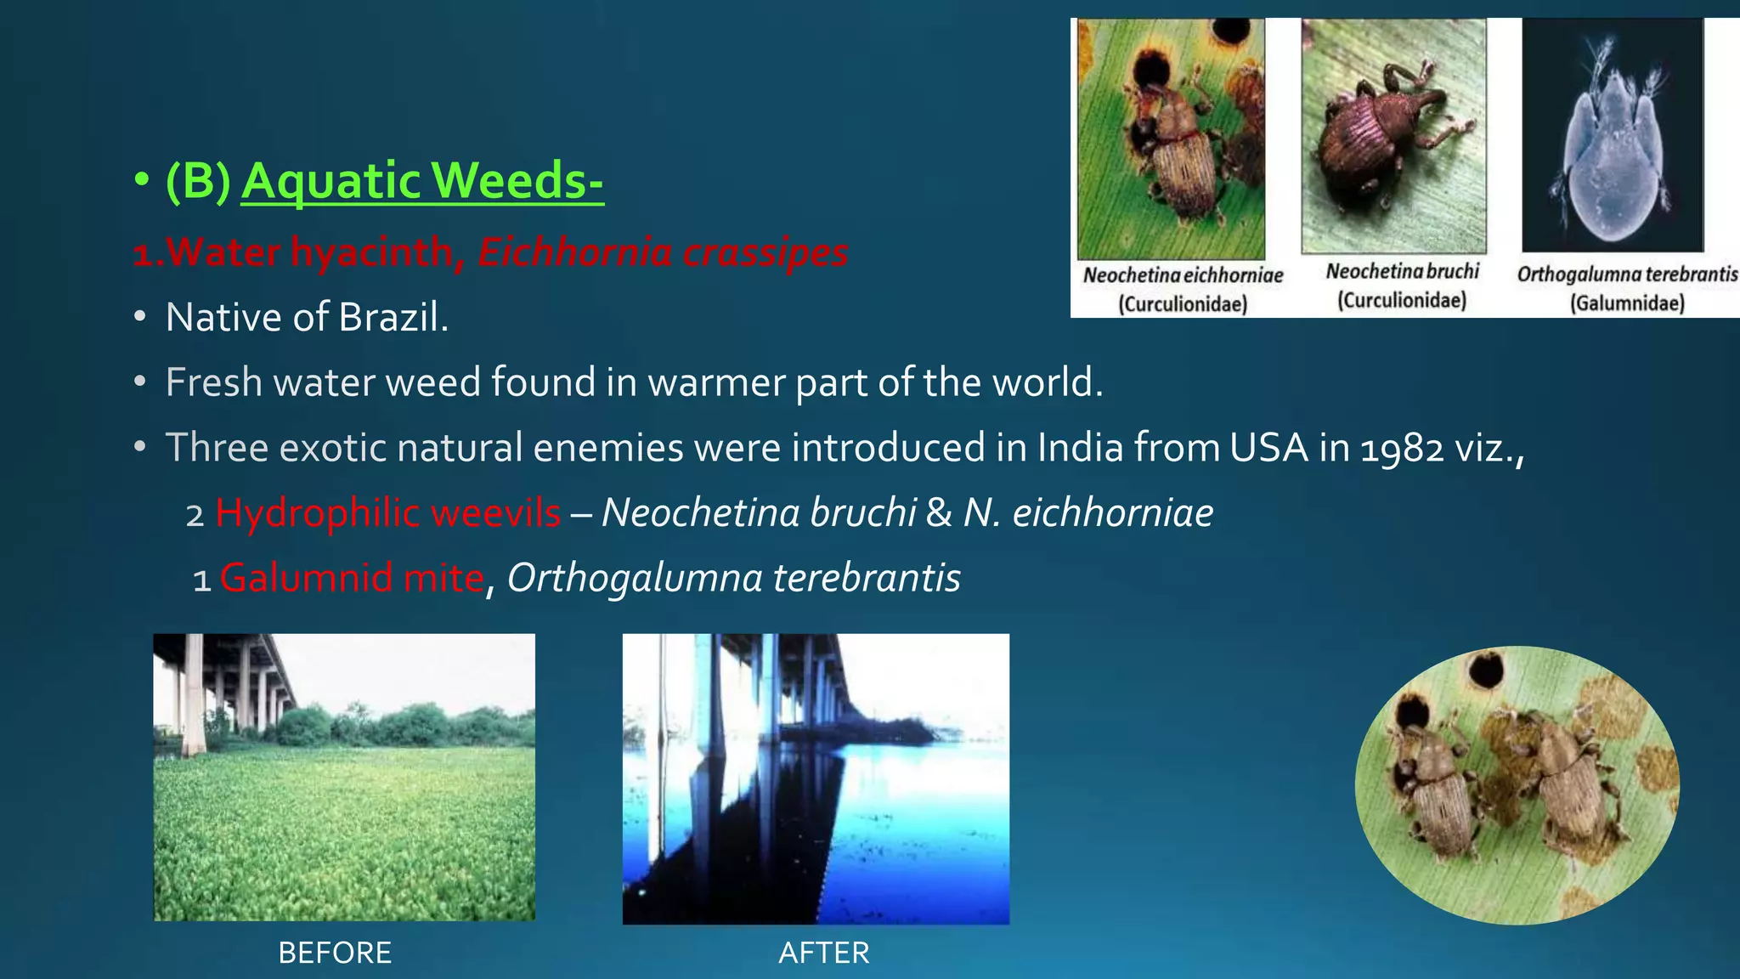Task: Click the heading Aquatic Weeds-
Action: [422, 181]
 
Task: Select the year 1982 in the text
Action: [1402, 449]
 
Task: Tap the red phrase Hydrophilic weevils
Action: [387, 513]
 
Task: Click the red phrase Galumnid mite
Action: [352, 579]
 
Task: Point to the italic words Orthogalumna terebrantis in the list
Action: [733, 579]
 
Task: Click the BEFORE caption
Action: [335, 953]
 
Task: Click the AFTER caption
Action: [823, 953]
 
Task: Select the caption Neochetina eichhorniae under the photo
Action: [1183, 275]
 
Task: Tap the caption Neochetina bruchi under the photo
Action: [1402, 271]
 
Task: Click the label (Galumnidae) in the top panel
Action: [1627, 303]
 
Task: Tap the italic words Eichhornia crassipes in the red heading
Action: [663, 252]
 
